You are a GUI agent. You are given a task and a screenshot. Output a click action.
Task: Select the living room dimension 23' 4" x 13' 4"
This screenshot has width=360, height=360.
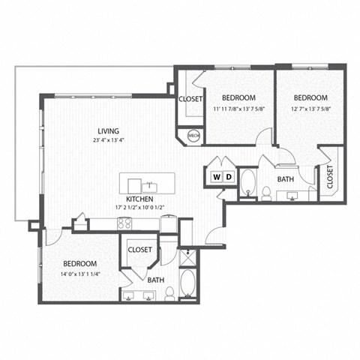[x=104, y=139]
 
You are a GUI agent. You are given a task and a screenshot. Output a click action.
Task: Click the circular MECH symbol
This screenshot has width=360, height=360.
[x=193, y=136]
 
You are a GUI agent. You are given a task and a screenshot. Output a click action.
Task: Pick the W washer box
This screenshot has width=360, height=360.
[x=216, y=177]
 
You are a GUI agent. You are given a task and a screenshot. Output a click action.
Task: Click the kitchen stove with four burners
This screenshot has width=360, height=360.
[x=124, y=223]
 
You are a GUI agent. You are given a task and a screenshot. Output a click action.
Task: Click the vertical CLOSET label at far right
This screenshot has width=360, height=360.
[x=331, y=178]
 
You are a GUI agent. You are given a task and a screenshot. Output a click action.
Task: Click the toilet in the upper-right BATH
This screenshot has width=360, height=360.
[x=268, y=193]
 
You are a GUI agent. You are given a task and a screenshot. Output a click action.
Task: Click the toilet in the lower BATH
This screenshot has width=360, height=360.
[x=170, y=292]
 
